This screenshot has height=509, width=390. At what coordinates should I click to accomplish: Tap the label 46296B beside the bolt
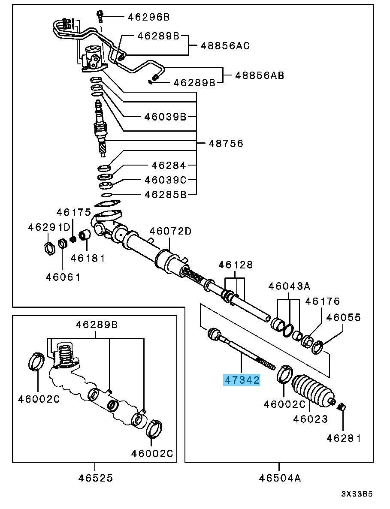(x=148, y=17)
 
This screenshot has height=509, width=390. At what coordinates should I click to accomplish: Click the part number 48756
(x=226, y=143)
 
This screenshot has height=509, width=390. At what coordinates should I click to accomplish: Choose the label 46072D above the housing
(x=170, y=232)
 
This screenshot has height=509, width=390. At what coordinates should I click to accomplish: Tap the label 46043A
(x=289, y=286)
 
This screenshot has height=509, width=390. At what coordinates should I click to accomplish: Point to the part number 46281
(x=344, y=438)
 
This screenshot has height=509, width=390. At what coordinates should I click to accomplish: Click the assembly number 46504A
(x=279, y=478)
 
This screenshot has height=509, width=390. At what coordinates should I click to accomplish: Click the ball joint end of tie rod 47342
(x=215, y=334)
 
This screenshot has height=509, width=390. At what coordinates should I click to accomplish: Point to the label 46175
(x=74, y=212)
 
